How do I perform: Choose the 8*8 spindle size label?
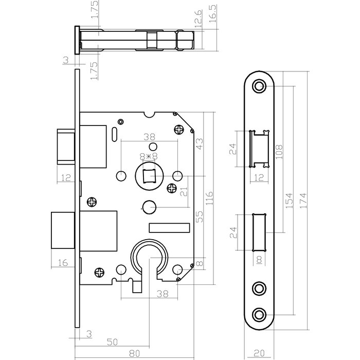pos(149,156)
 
